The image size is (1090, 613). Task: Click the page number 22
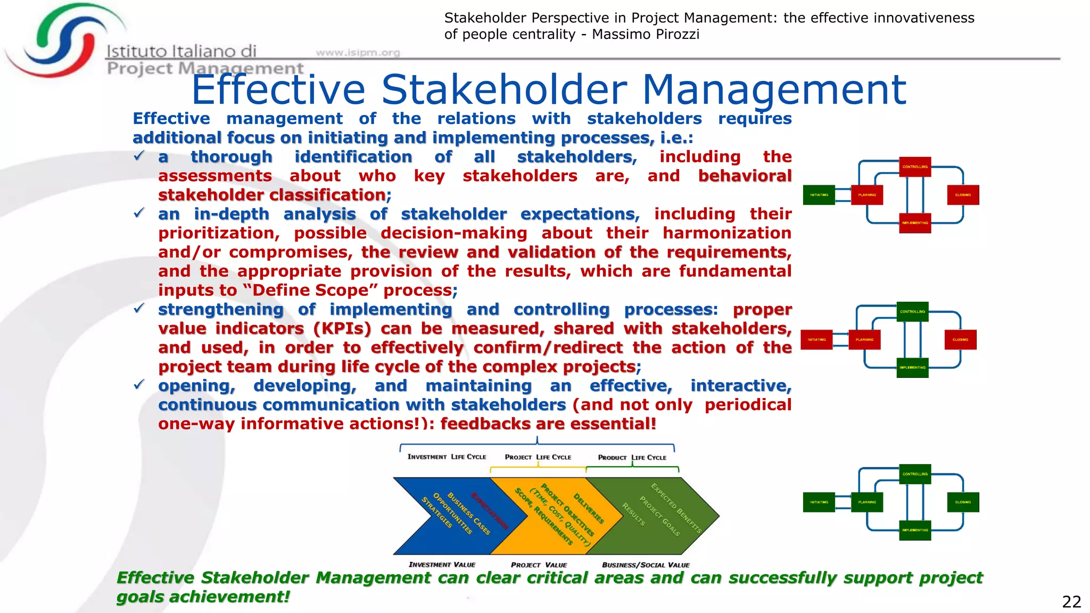click(1071, 602)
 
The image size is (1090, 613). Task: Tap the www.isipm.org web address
click(358, 52)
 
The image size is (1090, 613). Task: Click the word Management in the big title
click(774, 90)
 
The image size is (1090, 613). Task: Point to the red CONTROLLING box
click(915, 167)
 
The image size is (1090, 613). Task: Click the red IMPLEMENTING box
click(915, 223)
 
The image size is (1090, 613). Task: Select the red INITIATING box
click(816, 339)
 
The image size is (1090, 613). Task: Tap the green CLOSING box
click(963, 502)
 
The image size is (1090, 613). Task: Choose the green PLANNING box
click(866, 502)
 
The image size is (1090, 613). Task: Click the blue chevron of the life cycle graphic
click(452, 516)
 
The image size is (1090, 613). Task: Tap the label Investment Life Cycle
click(447, 457)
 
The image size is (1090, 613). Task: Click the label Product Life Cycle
click(632, 458)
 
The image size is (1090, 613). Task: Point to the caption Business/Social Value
click(645, 565)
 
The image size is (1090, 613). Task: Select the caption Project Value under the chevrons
click(539, 565)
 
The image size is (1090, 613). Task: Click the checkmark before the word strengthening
click(139, 309)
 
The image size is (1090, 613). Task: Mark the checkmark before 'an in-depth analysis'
click(139, 213)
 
